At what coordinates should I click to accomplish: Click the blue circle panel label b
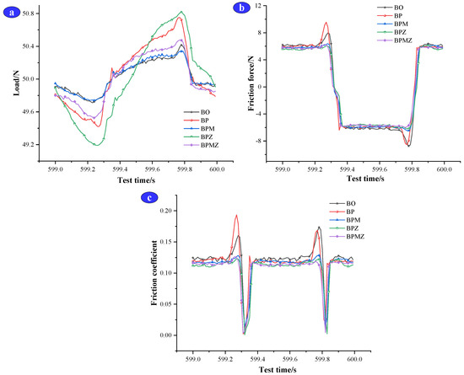pyautogui.click(x=242, y=9)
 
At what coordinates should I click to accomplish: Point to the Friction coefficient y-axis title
pyautogui.click(x=155, y=272)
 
